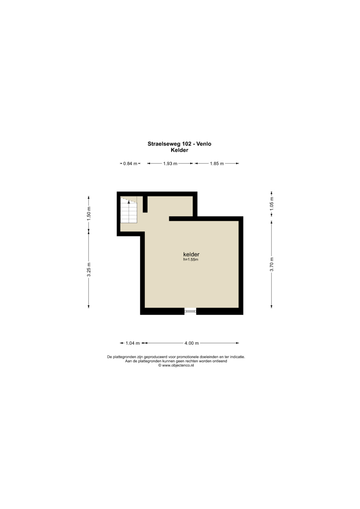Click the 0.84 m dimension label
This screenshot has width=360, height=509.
coord(130,164)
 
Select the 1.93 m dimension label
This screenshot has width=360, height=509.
coord(170,164)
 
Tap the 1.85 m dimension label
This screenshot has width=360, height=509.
coord(217,164)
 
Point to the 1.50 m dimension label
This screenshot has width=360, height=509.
coord(89,213)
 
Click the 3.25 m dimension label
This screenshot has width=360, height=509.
coord(89,269)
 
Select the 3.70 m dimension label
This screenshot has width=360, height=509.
coord(272,264)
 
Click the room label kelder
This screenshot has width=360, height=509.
coord(191,254)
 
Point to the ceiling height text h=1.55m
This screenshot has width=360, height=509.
coord(191,259)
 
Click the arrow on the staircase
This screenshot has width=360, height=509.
coord(129,211)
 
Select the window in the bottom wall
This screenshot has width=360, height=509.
coord(190,311)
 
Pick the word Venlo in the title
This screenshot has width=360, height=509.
coord(204,144)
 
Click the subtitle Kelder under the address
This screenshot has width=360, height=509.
coord(180,150)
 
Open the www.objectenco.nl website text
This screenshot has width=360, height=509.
coord(178,365)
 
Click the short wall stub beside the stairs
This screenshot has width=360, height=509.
coord(145,204)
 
